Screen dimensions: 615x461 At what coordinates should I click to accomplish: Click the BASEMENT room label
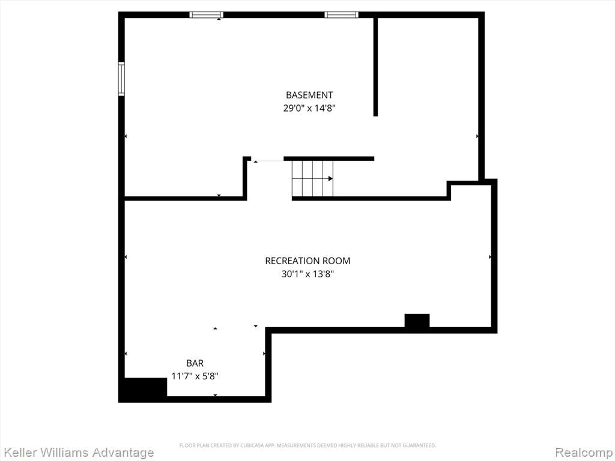pyautogui.click(x=309, y=95)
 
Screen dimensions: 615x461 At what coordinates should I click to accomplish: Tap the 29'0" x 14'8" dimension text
pyautogui.click(x=309, y=108)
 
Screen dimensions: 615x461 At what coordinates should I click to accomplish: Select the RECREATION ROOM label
pyautogui.click(x=307, y=261)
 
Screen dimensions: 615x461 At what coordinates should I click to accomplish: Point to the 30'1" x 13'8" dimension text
pyautogui.click(x=307, y=274)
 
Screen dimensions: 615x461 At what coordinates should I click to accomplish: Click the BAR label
pyautogui.click(x=195, y=363)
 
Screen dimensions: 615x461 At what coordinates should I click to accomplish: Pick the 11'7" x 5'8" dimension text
pyautogui.click(x=195, y=376)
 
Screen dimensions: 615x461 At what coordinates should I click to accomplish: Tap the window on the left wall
pyautogui.click(x=121, y=79)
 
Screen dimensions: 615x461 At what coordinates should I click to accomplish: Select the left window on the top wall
pyautogui.click(x=207, y=15)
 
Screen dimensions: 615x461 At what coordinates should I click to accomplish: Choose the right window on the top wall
pyautogui.click(x=341, y=15)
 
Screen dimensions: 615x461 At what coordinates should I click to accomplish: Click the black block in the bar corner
pyautogui.click(x=143, y=390)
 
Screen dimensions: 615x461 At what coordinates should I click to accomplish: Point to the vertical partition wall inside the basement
pyautogui.click(x=375, y=67)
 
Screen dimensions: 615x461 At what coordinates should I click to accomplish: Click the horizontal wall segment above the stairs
pyautogui.click(x=329, y=158)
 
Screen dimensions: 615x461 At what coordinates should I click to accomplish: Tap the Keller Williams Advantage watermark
pyautogui.click(x=77, y=453)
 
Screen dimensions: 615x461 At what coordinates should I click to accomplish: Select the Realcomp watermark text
pyautogui.click(x=584, y=453)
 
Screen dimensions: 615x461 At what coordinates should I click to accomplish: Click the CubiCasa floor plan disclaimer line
pyautogui.click(x=307, y=445)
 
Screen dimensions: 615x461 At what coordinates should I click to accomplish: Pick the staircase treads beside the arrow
pyautogui.click(x=312, y=179)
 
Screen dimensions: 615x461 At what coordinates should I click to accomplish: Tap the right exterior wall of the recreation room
pyautogui.click(x=494, y=256)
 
